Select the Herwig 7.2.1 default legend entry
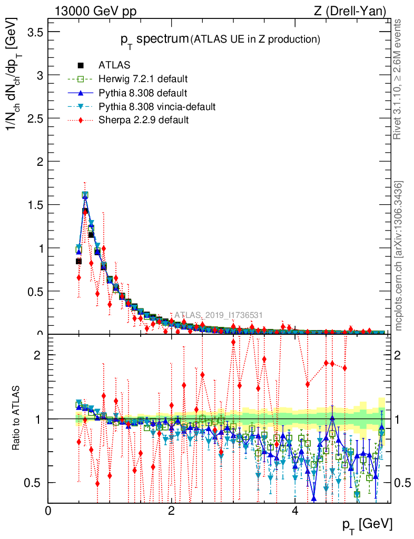pos(143,79)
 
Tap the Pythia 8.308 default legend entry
pos(143,93)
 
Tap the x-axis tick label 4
pos(295,511)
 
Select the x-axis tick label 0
pos(48,511)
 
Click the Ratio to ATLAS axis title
pos(16,419)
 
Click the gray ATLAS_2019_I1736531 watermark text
pos(219,315)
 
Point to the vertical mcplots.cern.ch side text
pos(400,256)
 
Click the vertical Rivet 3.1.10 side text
pos(400,79)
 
